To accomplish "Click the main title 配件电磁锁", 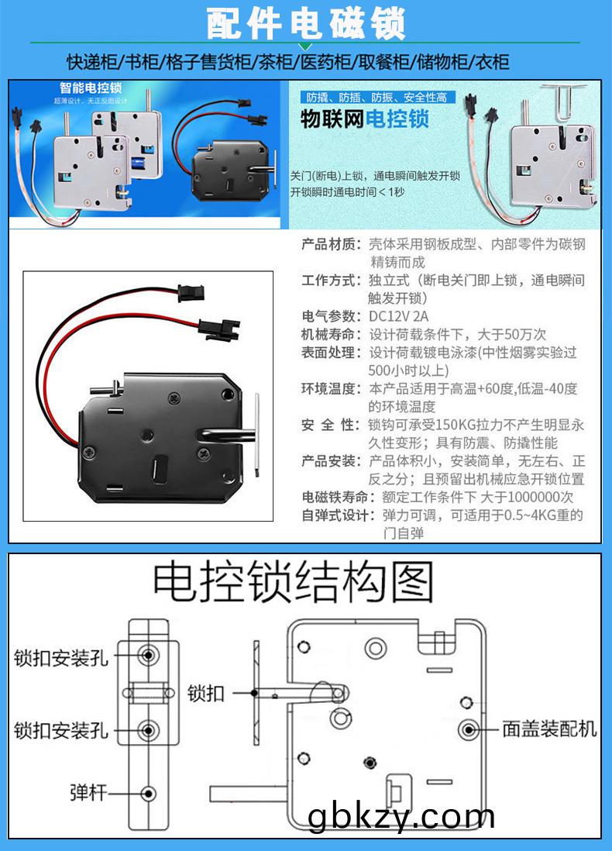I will [x=305, y=25].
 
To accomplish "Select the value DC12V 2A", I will [x=399, y=316].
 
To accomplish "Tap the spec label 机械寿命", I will [x=332, y=334].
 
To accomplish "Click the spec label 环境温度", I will [x=332, y=388].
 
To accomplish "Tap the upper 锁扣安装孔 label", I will [x=61, y=658].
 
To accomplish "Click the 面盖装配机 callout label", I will [x=549, y=729].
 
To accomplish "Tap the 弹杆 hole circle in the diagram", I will [x=148, y=793].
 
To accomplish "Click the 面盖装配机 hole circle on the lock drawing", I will [x=469, y=729].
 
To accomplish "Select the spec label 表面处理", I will [x=332, y=353].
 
